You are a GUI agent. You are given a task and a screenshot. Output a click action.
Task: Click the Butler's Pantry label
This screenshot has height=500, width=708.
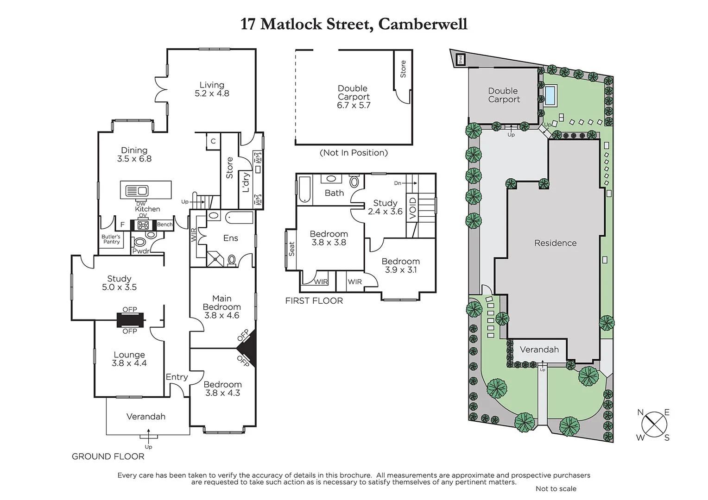111,239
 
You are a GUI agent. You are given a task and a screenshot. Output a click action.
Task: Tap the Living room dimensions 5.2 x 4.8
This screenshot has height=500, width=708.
212,94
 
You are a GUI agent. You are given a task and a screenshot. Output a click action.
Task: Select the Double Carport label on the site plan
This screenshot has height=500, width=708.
504,95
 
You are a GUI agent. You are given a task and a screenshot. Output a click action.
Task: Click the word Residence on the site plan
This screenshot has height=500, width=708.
555,243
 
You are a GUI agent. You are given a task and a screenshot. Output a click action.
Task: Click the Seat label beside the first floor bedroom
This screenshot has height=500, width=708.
291,249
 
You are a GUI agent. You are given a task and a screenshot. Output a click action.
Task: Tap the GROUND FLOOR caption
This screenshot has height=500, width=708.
108,456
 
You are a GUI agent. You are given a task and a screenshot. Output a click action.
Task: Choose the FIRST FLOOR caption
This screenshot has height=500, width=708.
314,301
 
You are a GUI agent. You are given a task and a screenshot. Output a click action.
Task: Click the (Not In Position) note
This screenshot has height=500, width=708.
354,153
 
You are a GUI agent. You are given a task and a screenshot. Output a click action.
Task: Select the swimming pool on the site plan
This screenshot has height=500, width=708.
550,95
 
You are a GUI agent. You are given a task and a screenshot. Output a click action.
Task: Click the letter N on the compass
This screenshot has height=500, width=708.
640,412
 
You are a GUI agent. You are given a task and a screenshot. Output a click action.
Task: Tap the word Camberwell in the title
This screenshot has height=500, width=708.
423,24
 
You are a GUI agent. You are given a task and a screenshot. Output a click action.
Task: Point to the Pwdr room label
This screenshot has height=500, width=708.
141,251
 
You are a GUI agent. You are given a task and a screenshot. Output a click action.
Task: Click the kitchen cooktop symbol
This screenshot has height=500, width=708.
143,225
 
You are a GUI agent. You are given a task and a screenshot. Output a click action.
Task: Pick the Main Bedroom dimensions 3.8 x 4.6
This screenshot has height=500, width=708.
221,315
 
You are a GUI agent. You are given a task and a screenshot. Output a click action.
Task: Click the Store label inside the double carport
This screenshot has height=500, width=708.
403,69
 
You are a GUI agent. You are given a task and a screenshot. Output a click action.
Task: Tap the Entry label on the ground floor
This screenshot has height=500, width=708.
177,377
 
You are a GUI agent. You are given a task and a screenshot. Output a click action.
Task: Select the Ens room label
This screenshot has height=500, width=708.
230,238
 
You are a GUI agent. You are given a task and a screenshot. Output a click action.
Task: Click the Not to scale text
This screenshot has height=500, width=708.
556,489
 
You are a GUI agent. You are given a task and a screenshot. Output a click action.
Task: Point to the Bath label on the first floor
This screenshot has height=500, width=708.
334,193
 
